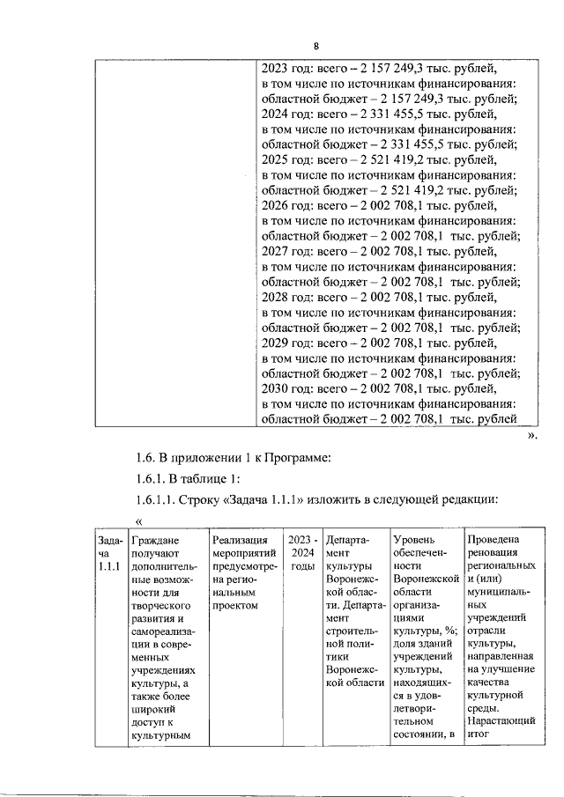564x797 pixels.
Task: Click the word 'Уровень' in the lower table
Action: coord(414,539)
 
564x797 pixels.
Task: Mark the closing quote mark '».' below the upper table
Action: coord(531,434)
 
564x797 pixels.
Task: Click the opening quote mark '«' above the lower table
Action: coord(138,520)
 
